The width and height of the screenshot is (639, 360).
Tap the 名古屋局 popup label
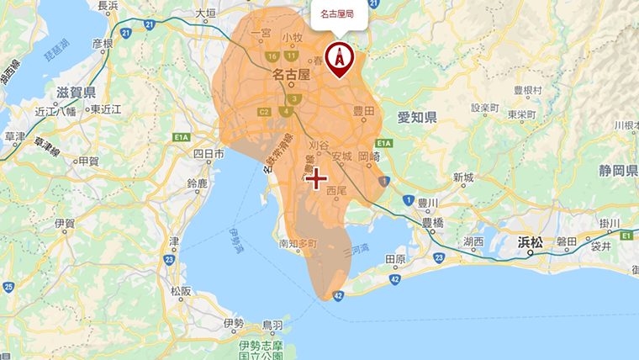[x=338, y=14]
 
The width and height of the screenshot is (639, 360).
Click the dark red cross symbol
[x=316, y=178]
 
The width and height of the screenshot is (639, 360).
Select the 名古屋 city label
[x=292, y=75]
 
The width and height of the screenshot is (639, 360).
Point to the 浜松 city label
[x=530, y=241]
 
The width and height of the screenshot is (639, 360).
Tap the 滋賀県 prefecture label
[x=77, y=93]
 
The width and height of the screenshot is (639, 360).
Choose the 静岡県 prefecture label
[x=618, y=171]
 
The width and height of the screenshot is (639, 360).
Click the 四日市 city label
[x=209, y=154]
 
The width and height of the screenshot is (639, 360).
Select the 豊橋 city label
[x=433, y=223]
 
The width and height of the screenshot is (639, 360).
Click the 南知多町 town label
[x=299, y=244]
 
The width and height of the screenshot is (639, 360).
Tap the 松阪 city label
[x=181, y=291]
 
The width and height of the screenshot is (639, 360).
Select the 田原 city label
[x=394, y=259]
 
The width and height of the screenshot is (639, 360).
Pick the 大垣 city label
[x=206, y=13]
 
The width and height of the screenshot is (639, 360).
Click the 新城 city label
[x=462, y=177]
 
